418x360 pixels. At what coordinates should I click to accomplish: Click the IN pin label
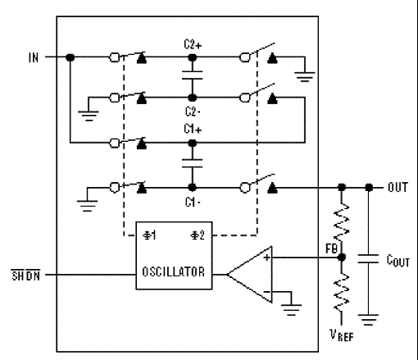pos(34,57)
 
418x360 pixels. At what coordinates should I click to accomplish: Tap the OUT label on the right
pos(398,188)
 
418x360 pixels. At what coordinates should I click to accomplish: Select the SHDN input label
pos(25,276)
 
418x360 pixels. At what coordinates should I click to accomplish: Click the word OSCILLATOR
pos(174,271)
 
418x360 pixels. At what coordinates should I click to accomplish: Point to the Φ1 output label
pos(150,235)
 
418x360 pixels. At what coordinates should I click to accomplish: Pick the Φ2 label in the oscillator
pos(198,235)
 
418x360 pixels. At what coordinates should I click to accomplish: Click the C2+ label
pos(193,44)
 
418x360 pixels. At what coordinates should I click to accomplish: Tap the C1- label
pos(193,203)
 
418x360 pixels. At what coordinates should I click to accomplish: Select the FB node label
pos(331,248)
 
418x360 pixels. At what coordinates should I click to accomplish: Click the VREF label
pos(342,335)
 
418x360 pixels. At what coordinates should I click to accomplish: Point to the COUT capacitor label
pos(398,261)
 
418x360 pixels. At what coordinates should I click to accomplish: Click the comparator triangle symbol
pos(250,275)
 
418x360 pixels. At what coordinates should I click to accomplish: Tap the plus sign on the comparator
pos(266,257)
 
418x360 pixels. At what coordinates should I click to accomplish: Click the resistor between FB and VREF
pos(342,293)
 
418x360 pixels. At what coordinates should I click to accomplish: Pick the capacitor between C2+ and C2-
pos(193,75)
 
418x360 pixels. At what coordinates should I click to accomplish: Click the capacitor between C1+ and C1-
pos(193,163)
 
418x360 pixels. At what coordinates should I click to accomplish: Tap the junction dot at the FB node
pos(342,257)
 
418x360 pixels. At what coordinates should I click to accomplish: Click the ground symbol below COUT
pos(368,319)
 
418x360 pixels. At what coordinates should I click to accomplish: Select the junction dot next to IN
pos(70,57)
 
